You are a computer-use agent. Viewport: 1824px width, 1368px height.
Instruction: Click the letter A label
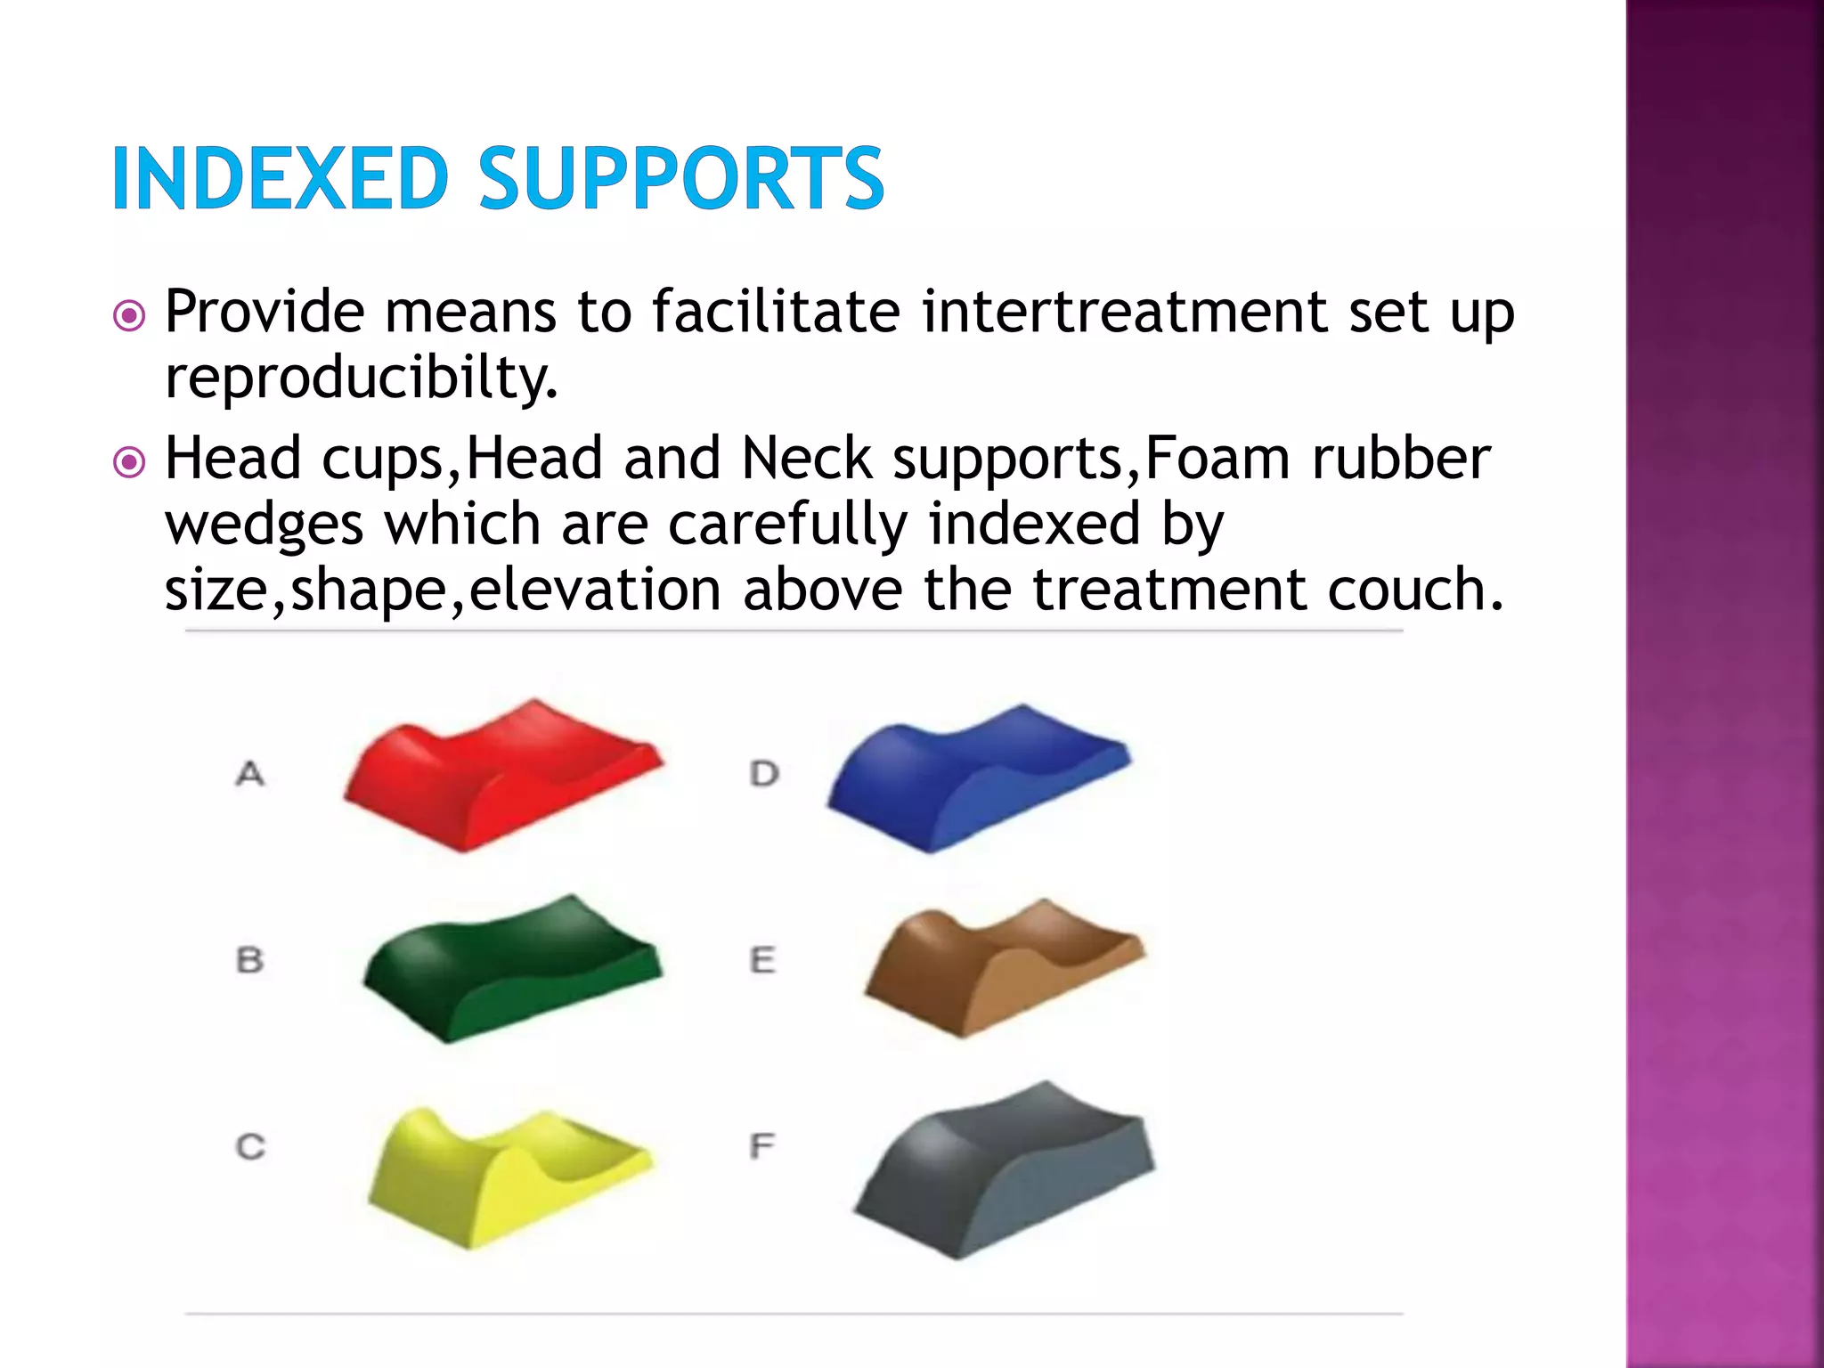[x=250, y=773]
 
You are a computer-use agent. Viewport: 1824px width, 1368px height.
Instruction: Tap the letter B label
[x=250, y=960]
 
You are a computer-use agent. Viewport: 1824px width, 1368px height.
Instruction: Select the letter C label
[x=250, y=1146]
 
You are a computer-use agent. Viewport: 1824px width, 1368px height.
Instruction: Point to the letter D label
[x=764, y=773]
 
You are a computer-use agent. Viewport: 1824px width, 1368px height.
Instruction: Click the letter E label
[x=762, y=960]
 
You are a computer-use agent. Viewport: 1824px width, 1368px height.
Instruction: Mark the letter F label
[x=761, y=1145]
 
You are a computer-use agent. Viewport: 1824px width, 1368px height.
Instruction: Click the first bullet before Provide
[x=130, y=315]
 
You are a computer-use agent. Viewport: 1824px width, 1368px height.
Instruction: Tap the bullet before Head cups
[x=130, y=461]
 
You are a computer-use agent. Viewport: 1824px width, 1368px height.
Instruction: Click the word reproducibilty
[x=361, y=379]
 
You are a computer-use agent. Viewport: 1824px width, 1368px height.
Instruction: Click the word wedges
[x=265, y=525]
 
